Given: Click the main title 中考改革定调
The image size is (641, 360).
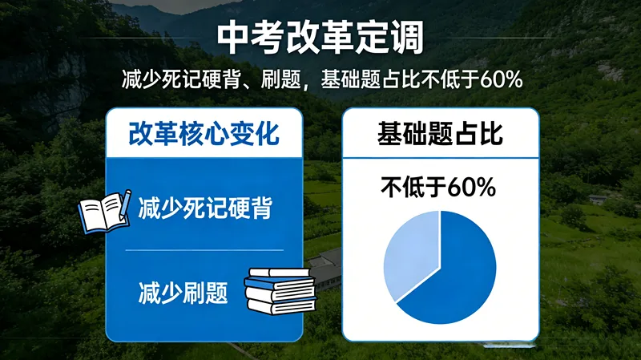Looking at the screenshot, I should tap(320, 38).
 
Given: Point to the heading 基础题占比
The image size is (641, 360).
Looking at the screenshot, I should tap(440, 134).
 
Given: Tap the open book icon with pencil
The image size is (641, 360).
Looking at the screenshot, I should tap(103, 210).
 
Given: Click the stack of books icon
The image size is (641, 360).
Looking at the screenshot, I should tap(280, 291).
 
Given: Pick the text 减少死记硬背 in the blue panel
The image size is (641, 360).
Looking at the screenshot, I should tap(205, 209).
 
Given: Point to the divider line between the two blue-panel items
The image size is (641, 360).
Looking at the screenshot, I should tap(204, 250).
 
